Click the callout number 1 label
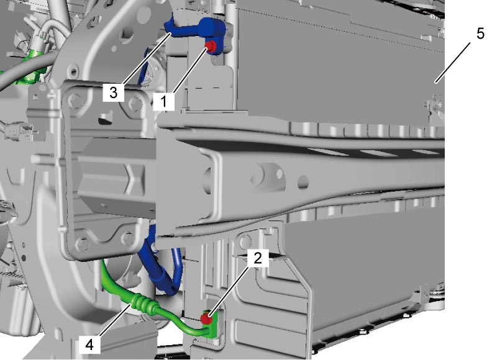coord(164,101)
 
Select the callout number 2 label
coord(258,258)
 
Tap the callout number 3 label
coord(113,92)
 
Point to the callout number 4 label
coord(89,344)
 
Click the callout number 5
coord(480,34)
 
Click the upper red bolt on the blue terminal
coord(210,46)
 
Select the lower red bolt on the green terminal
coord(206,319)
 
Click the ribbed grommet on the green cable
coord(142,304)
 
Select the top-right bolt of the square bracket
coord(135,103)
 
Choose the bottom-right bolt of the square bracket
coord(128,238)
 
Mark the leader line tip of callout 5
coord(435,83)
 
